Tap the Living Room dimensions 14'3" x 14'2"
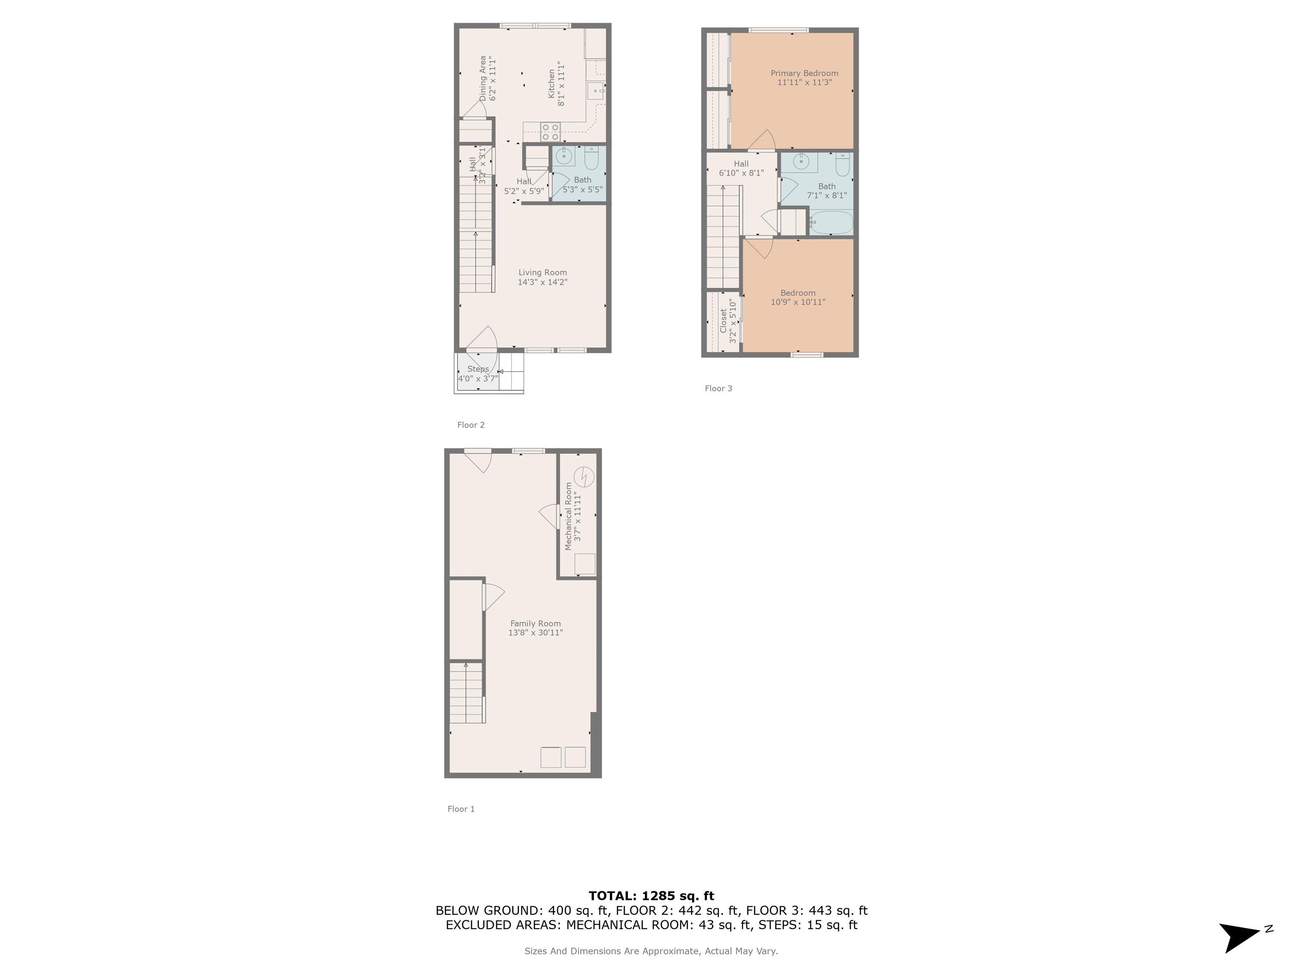[x=542, y=282]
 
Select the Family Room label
[x=535, y=623]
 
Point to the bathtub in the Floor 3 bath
[x=830, y=223]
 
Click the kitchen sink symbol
[x=596, y=91]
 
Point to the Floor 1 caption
[x=461, y=809]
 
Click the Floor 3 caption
[x=718, y=388]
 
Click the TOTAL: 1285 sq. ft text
[x=651, y=896]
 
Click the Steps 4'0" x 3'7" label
[x=478, y=374]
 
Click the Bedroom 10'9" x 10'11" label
[x=797, y=297]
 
